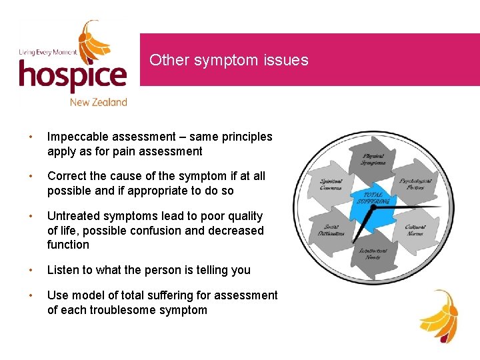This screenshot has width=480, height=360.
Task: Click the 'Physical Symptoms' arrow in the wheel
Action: (x=373, y=159)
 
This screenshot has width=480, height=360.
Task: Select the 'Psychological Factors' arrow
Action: (x=415, y=183)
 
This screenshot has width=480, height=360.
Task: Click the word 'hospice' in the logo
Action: (x=73, y=75)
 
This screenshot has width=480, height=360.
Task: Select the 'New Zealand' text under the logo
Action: (x=98, y=102)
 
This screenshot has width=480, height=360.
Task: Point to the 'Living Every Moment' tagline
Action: (x=47, y=52)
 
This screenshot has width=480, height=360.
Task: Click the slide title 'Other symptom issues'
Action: (x=229, y=60)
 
